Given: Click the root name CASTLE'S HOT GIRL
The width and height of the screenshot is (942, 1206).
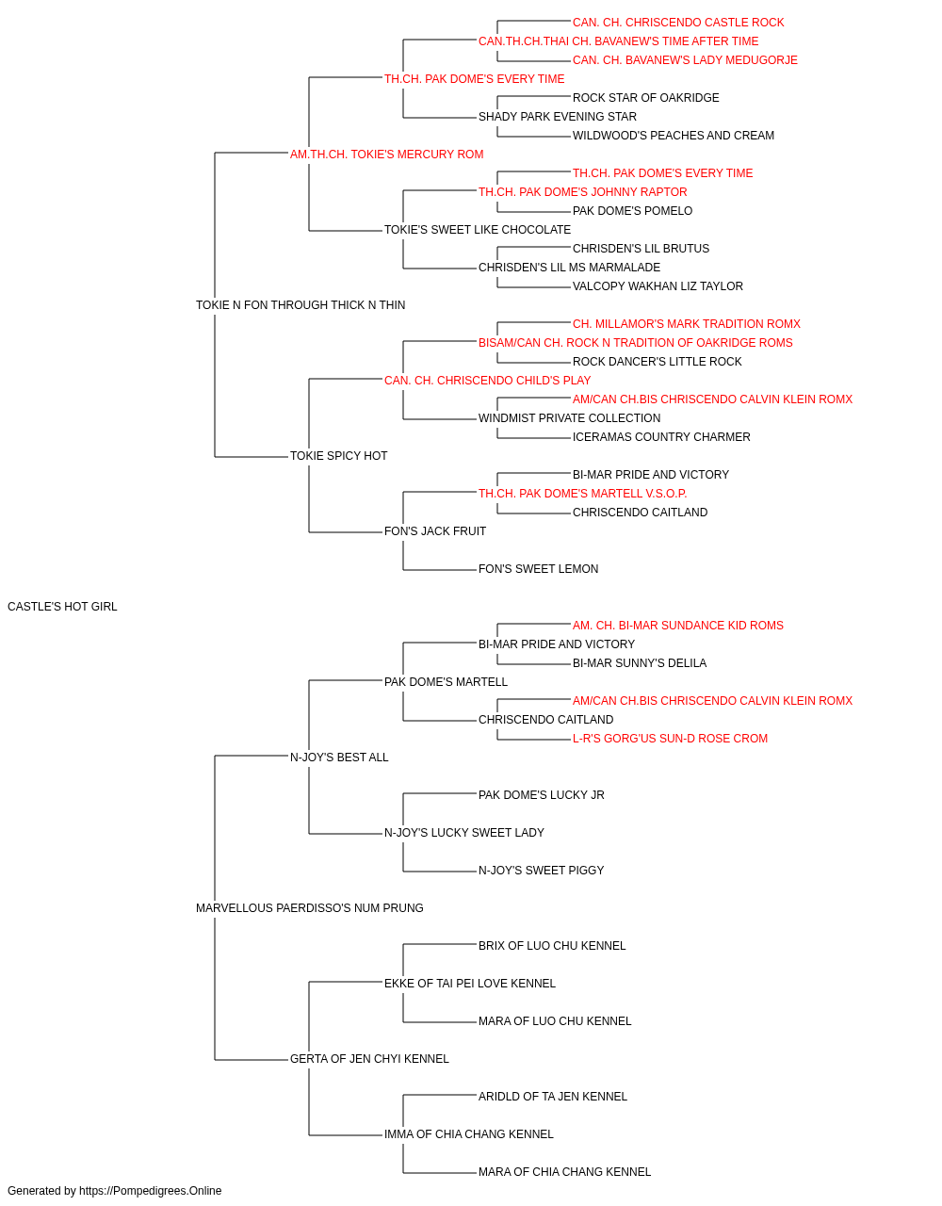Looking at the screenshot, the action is click(x=62, y=607).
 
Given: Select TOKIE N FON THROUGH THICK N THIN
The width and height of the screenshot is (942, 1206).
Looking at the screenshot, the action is click(x=300, y=305).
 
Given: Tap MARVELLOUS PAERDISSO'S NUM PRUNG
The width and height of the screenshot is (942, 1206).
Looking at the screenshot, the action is click(x=310, y=908).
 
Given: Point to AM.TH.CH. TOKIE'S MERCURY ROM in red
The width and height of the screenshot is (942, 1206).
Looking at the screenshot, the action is click(x=386, y=155).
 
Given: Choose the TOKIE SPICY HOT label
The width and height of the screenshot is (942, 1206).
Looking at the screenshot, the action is click(x=338, y=456).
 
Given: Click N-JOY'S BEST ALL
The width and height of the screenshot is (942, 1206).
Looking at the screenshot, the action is click(x=339, y=757).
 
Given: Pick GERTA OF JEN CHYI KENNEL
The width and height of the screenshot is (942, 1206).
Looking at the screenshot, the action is click(x=369, y=1058).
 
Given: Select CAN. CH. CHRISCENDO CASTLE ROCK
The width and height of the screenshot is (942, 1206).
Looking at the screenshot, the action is click(x=678, y=23).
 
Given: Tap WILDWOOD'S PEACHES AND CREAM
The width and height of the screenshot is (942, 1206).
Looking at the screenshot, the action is click(x=673, y=136).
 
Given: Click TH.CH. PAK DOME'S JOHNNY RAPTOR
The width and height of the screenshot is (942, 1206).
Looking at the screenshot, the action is click(x=582, y=192).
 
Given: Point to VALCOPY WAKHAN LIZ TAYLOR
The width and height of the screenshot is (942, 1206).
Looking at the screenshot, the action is click(x=658, y=285).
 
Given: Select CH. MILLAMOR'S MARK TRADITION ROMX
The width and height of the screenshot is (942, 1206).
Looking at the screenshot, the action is click(x=687, y=323).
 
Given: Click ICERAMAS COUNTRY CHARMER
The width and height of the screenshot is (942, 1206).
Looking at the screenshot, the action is click(x=661, y=437).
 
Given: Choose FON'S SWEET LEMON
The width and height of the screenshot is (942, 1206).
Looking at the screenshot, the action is click(x=538, y=569).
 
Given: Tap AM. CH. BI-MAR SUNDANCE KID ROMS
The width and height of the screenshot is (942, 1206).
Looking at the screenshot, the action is click(x=678, y=626).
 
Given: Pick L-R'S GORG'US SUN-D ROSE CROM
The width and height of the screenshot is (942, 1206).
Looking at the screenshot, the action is click(x=670, y=738).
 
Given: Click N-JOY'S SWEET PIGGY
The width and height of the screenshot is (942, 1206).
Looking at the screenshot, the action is click(x=541, y=871).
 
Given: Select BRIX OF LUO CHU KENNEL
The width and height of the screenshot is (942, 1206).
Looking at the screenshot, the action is click(x=552, y=946).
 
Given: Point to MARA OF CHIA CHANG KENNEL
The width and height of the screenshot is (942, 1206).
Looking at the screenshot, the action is click(x=565, y=1171).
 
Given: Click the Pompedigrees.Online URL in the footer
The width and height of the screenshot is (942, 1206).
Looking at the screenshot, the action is click(x=150, y=1191).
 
